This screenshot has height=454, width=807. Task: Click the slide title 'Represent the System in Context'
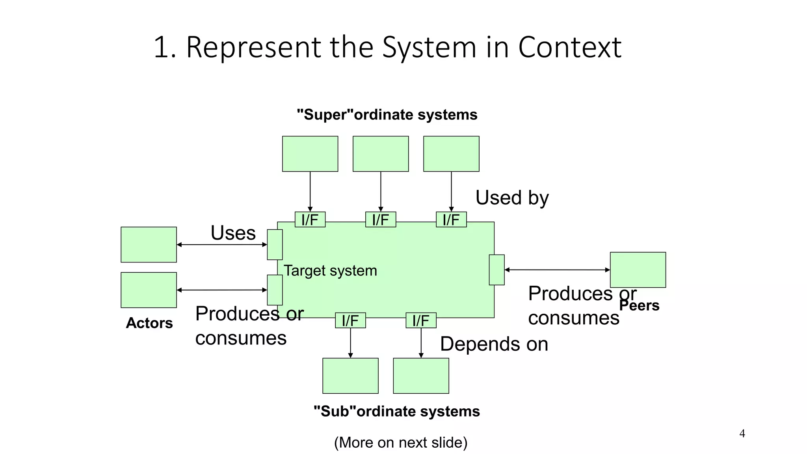click(x=387, y=47)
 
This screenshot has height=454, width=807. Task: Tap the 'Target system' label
click(x=330, y=271)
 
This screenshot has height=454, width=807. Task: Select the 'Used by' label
click(x=512, y=197)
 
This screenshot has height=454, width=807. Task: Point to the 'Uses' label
click(x=233, y=233)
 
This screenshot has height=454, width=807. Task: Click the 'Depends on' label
click(x=494, y=344)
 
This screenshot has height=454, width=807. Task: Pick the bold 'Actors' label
click(x=149, y=323)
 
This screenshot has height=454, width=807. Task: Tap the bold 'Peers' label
click(x=639, y=305)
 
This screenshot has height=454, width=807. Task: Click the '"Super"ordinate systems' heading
click(x=387, y=115)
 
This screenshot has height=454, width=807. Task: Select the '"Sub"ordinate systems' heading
click(x=396, y=411)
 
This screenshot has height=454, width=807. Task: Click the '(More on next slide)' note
click(x=401, y=443)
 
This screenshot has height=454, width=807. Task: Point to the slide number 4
click(x=742, y=434)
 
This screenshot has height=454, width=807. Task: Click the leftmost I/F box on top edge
click(x=310, y=220)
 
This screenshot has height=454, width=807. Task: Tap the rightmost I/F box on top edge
click(x=451, y=220)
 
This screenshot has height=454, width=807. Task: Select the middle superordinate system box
click(x=381, y=154)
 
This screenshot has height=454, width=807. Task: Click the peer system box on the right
click(x=638, y=270)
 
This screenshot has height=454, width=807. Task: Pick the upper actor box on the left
click(x=149, y=244)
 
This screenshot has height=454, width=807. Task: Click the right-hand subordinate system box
click(x=421, y=376)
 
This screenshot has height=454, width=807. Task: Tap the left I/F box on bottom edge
click(x=350, y=320)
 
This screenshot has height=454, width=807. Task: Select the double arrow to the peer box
click(x=557, y=270)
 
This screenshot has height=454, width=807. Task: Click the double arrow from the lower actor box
click(x=222, y=290)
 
